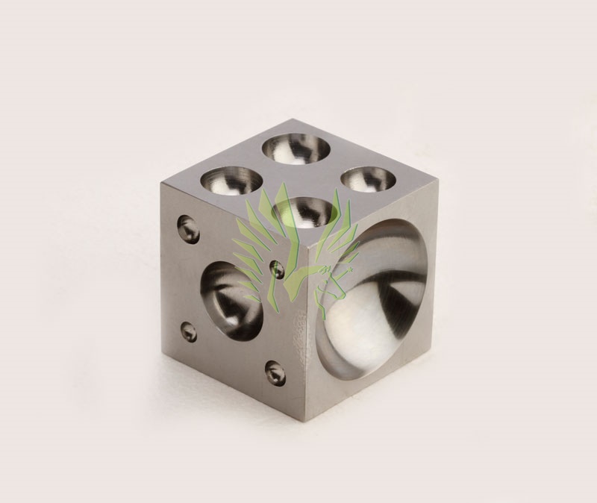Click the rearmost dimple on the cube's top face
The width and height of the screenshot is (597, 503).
(x=297, y=146)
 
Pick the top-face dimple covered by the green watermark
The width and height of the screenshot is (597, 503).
(x=301, y=211)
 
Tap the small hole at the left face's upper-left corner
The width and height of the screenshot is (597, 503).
(x=188, y=228)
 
